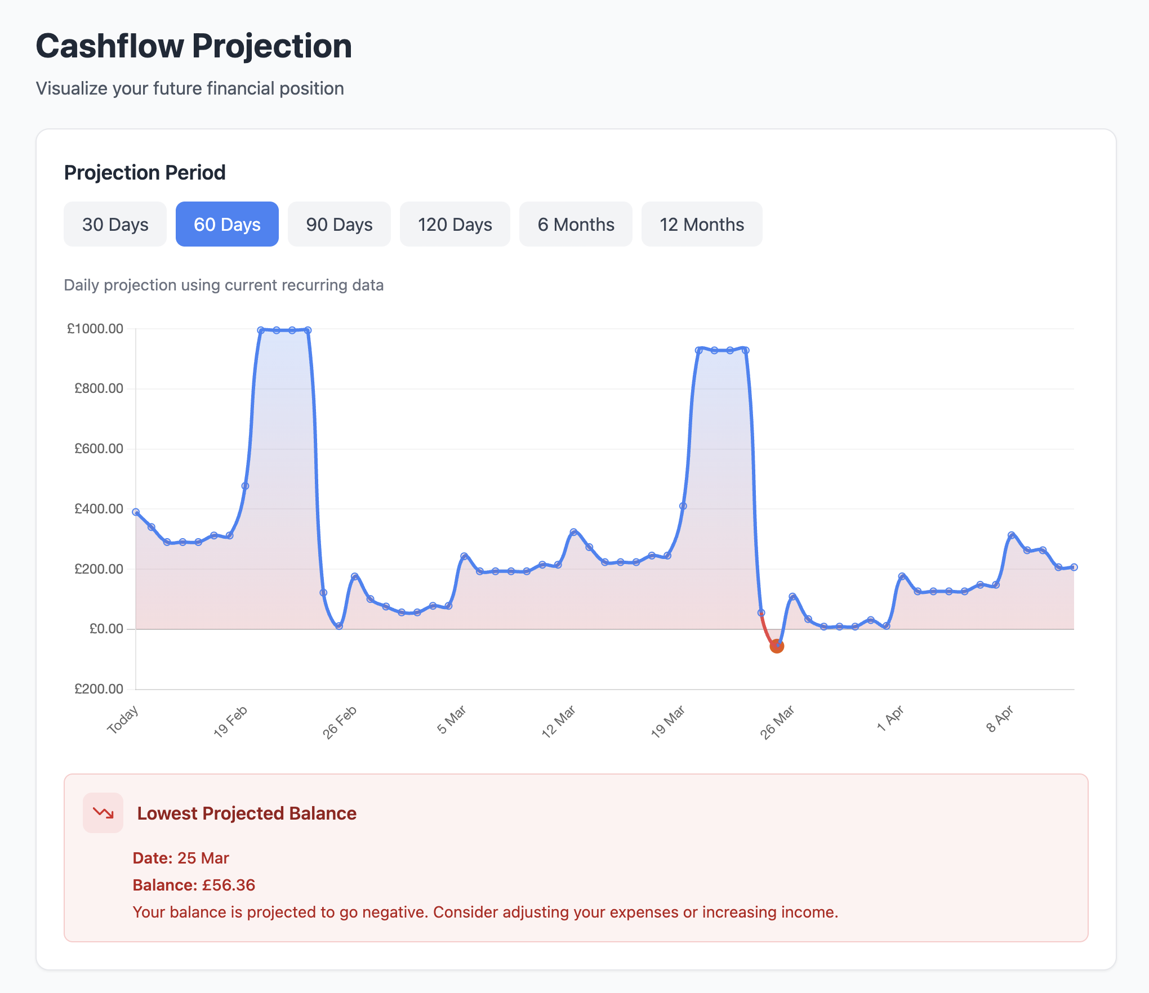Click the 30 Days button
click(x=115, y=224)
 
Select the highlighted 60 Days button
click(x=227, y=224)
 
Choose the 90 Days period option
click(x=339, y=224)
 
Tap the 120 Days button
click(x=455, y=224)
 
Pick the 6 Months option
click(x=576, y=224)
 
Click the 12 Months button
click(x=702, y=224)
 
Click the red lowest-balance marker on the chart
click(x=777, y=646)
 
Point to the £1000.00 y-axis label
click(x=95, y=329)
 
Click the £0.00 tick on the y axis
click(x=106, y=629)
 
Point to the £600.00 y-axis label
click(x=99, y=449)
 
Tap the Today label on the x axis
click(x=123, y=720)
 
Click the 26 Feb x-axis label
click(x=340, y=722)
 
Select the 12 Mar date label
click(x=558, y=722)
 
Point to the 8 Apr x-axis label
click(x=1000, y=719)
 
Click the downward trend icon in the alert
click(x=103, y=813)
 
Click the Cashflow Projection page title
click(x=194, y=46)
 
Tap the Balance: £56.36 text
click(x=194, y=885)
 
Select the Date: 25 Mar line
click(x=181, y=858)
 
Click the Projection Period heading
click(x=145, y=172)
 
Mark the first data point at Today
click(x=136, y=512)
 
